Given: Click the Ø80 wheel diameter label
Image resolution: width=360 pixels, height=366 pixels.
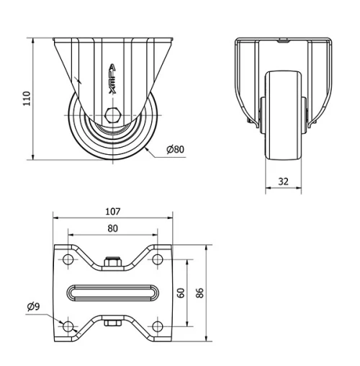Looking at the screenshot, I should click(x=175, y=149).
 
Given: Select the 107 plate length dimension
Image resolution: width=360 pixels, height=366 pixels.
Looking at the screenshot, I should click(x=112, y=212).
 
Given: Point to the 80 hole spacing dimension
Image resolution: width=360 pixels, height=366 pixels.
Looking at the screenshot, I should click(x=112, y=228).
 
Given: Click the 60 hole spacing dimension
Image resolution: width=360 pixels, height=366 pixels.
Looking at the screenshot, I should click(x=181, y=293).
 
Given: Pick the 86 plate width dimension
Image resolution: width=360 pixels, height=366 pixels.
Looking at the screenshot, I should click(x=201, y=293).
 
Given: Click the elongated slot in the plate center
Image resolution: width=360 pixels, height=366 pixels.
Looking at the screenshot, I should click(x=112, y=293).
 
